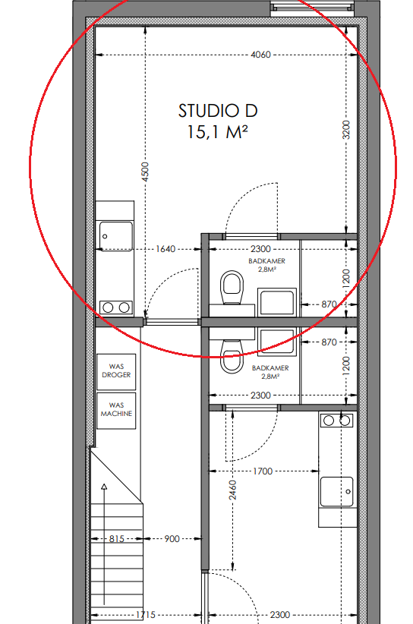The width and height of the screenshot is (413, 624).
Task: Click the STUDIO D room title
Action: (218, 111)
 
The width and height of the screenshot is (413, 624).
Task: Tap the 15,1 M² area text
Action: (218, 132)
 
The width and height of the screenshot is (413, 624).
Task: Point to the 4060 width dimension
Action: (260, 55)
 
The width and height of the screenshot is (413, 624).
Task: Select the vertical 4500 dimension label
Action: (145, 172)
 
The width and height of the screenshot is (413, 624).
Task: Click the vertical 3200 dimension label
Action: (346, 130)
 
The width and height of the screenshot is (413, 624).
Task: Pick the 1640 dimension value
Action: (166, 249)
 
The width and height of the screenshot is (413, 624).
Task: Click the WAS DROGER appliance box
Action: (116, 372)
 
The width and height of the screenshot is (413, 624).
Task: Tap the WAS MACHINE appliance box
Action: (116, 411)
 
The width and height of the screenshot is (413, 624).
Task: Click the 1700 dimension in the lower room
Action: (263, 471)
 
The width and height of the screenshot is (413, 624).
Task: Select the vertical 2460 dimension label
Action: (233, 490)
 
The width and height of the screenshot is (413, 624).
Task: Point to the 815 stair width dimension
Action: (117, 539)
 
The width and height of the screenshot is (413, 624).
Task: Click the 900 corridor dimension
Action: (172, 539)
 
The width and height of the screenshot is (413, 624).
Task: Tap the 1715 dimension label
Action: (145, 615)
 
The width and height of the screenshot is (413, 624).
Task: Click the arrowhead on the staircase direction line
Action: (104, 487)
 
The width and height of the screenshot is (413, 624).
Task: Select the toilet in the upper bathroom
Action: (232, 287)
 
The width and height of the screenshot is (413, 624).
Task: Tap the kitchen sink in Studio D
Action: (116, 236)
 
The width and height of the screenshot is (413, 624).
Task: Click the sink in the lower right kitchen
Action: (336, 491)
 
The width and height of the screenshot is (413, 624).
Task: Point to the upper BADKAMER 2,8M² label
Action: (267, 265)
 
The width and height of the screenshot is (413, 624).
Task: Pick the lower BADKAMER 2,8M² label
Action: (270, 372)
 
